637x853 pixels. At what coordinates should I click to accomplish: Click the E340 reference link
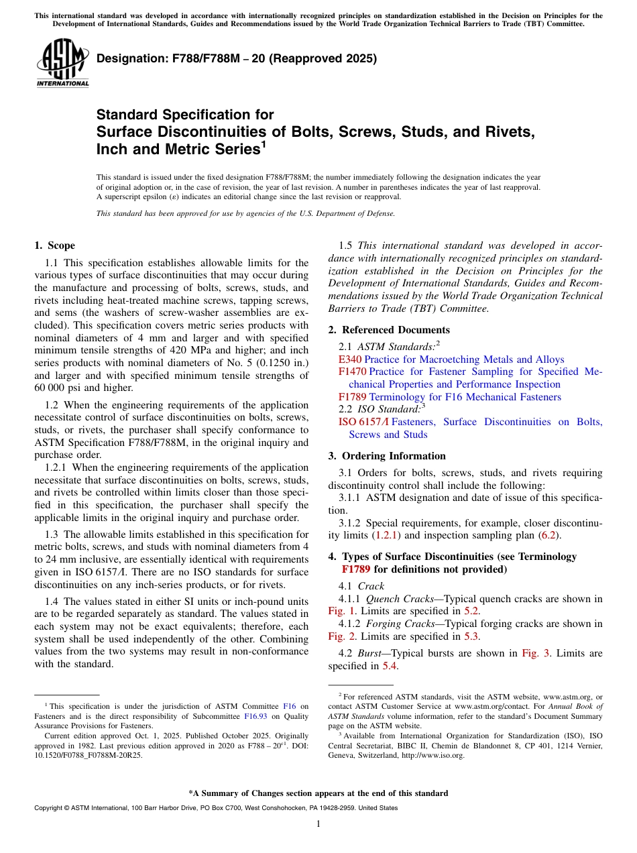pyautogui.click(x=350, y=359)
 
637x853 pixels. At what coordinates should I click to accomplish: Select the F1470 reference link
pyautogui.click(x=352, y=372)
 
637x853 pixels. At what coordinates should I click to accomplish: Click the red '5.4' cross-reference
pyautogui.click(x=390, y=666)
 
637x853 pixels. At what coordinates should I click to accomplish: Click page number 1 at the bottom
pyautogui.click(x=318, y=824)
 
